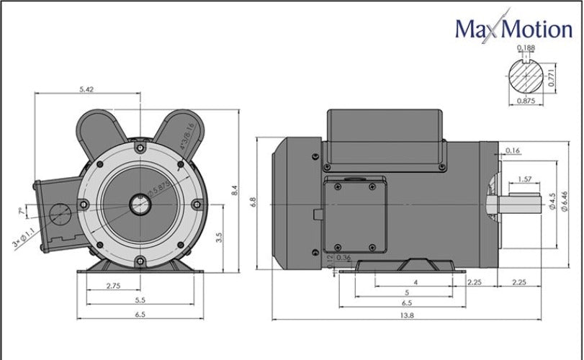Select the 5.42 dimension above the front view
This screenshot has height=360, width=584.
(x=87, y=89)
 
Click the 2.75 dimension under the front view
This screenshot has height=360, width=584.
(x=113, y=286)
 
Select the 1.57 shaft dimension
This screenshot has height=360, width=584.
(x=524, y=179)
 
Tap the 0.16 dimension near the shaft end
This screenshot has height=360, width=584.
(x=513, y=150)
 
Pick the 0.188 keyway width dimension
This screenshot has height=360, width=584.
(x=527, y=48)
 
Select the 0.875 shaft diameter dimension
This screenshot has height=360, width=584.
(x=526, y=102)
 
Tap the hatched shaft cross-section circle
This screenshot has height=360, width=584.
(x=526, y=76)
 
